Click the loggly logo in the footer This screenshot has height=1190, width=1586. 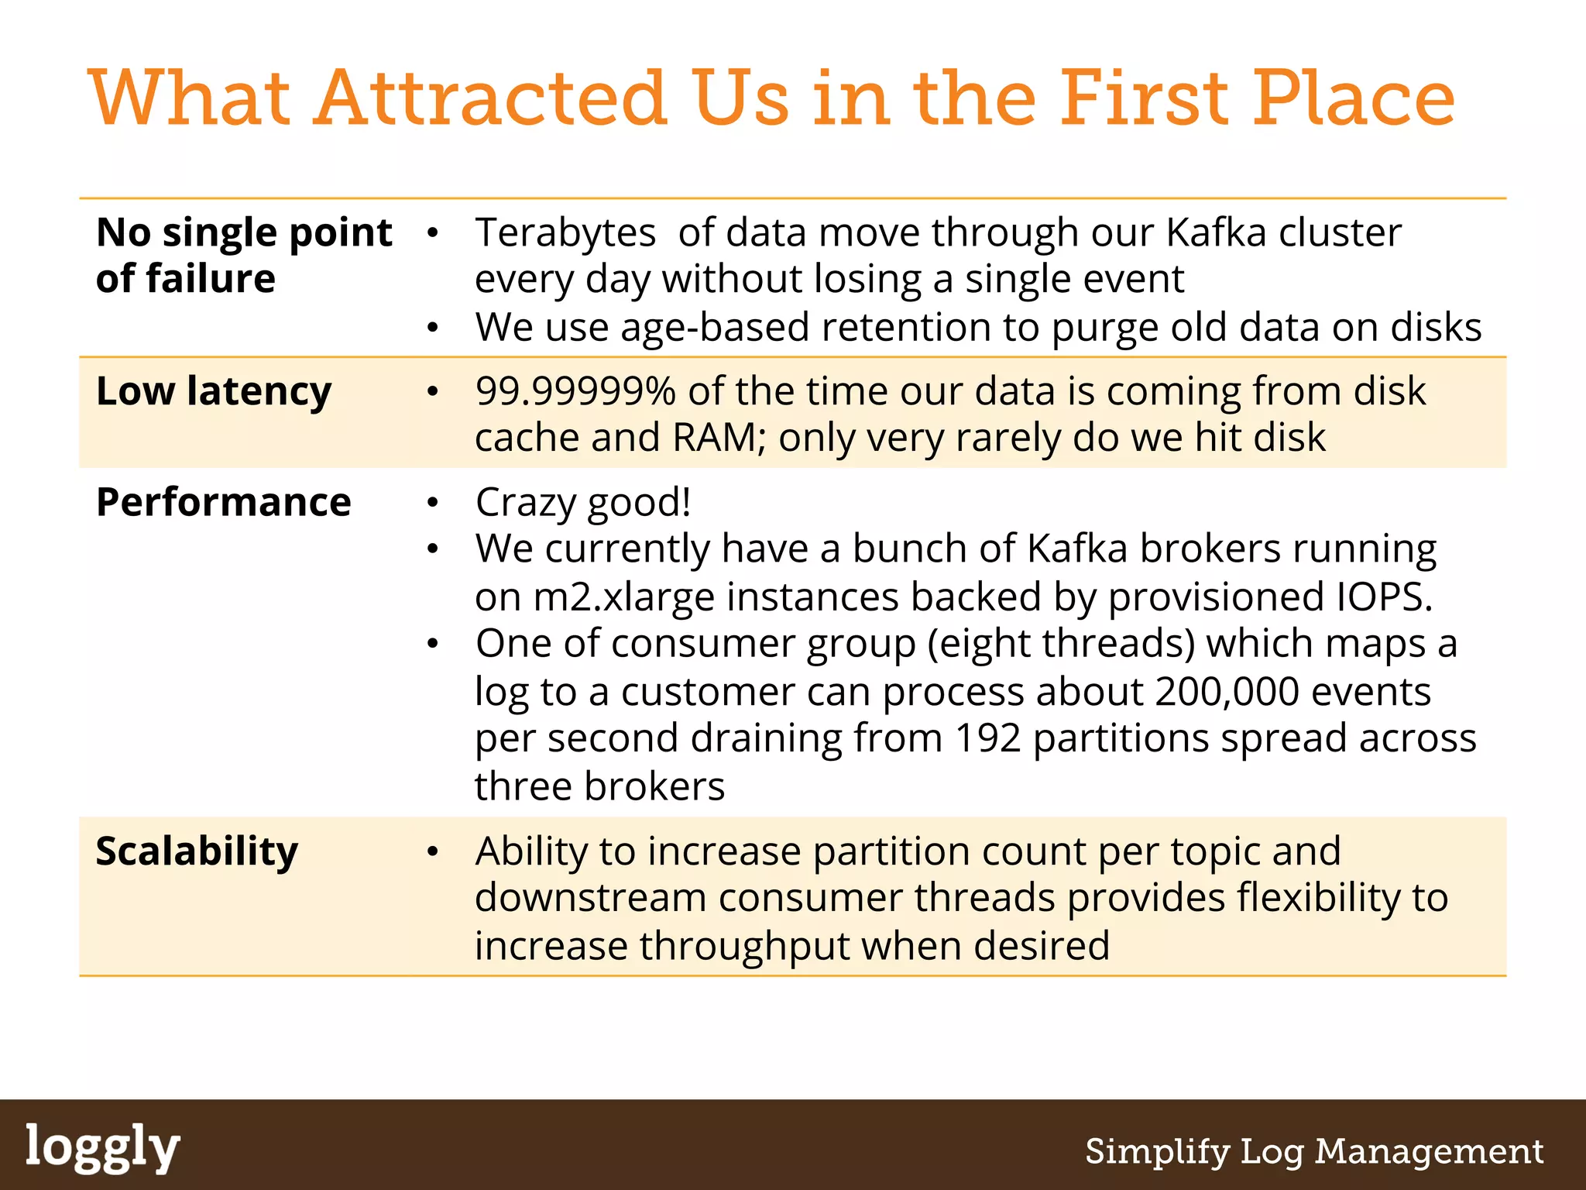tap(102, 1148)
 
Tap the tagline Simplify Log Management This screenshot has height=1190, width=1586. tap(1314, 1151)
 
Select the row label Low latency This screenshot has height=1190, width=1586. tap(214, 391)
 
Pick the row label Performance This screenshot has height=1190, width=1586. tap(223, 502)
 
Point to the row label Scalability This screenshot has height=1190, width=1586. tap(197, 851)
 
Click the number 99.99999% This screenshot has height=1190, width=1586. tap(575, 391)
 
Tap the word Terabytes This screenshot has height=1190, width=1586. tap(565, 232)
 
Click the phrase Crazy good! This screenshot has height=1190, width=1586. tap(583, 503)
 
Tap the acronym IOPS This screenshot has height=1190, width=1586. tap(1385, 597)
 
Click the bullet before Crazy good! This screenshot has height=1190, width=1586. tap(433, 503)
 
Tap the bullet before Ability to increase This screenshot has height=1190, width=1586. tap(433, 852)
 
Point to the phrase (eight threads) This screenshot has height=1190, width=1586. tap(1061, 644)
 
